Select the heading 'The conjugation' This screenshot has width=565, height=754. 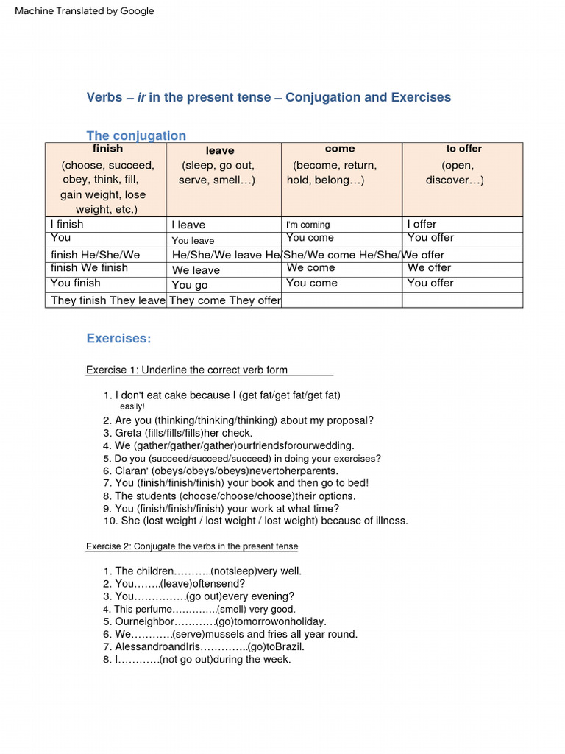[x=136, y=135]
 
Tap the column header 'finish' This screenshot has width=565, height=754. [x=107, y=149]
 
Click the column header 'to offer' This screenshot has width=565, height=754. [x=463, y=149]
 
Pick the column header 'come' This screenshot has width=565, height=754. [x=340, y=149]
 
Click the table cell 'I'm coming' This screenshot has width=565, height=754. [x=308, y=225]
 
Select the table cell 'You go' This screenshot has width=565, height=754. [x=190, y=285]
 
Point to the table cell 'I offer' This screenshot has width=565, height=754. [x=422, y=224]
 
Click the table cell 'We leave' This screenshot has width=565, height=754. [x=196, y=270]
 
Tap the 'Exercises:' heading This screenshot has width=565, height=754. [x=118, y=339]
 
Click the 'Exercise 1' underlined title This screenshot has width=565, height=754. [x=187, y=370]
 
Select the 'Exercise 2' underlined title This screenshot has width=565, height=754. [x=192, y=546]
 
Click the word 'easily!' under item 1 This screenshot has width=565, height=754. [x=132, y=406]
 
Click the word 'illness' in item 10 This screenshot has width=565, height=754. [x=387, y=521]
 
